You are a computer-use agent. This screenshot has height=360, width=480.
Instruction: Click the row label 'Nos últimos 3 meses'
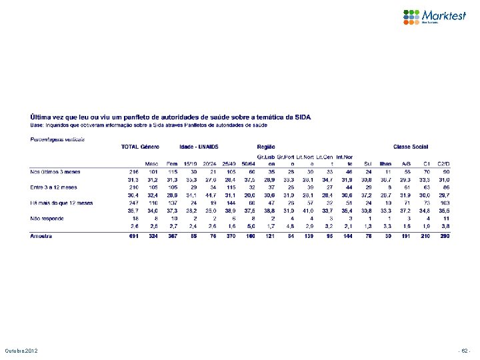pyautogui.click(x=52, y=171)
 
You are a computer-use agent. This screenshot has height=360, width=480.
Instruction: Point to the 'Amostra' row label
pyautogui.click(x=41, y=235)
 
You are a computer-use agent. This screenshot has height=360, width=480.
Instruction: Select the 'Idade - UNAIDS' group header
pyautogui.click(x=199, y=146)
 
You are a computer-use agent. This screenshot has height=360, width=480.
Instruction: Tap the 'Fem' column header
pyautogui.click(x=171, y=163)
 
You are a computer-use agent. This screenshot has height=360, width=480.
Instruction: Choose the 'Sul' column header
pyautogui.click(x=367, y=163)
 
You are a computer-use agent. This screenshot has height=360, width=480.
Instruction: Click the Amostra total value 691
pyautogui.click(x=132, y=235)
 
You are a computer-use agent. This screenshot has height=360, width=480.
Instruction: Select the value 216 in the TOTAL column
pyautogui.click(x=132, y=171)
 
